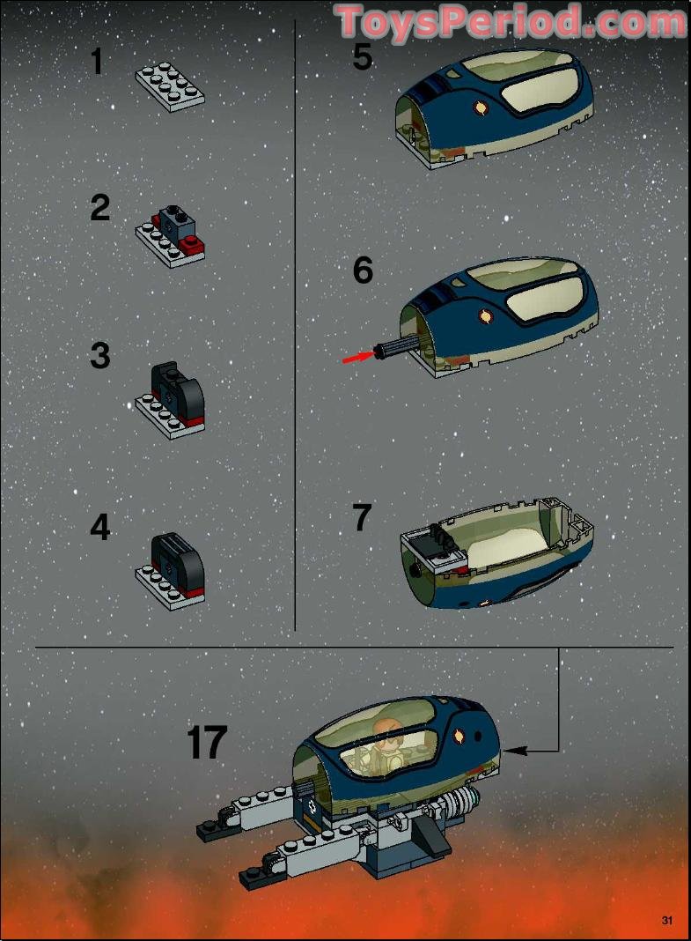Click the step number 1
tap(97, 63)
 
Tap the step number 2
tap(100, 209)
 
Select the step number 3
tap(100, 356)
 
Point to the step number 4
tap(100, 527)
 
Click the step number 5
tap(362, 57)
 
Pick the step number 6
tap(363, 270)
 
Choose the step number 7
tap(362, 518)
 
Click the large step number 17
tap(207, 743)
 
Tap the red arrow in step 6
tap(356, 356)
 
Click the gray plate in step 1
tap(170, 85)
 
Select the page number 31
tap(666, 921)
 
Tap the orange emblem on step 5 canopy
tap(481, 109)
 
